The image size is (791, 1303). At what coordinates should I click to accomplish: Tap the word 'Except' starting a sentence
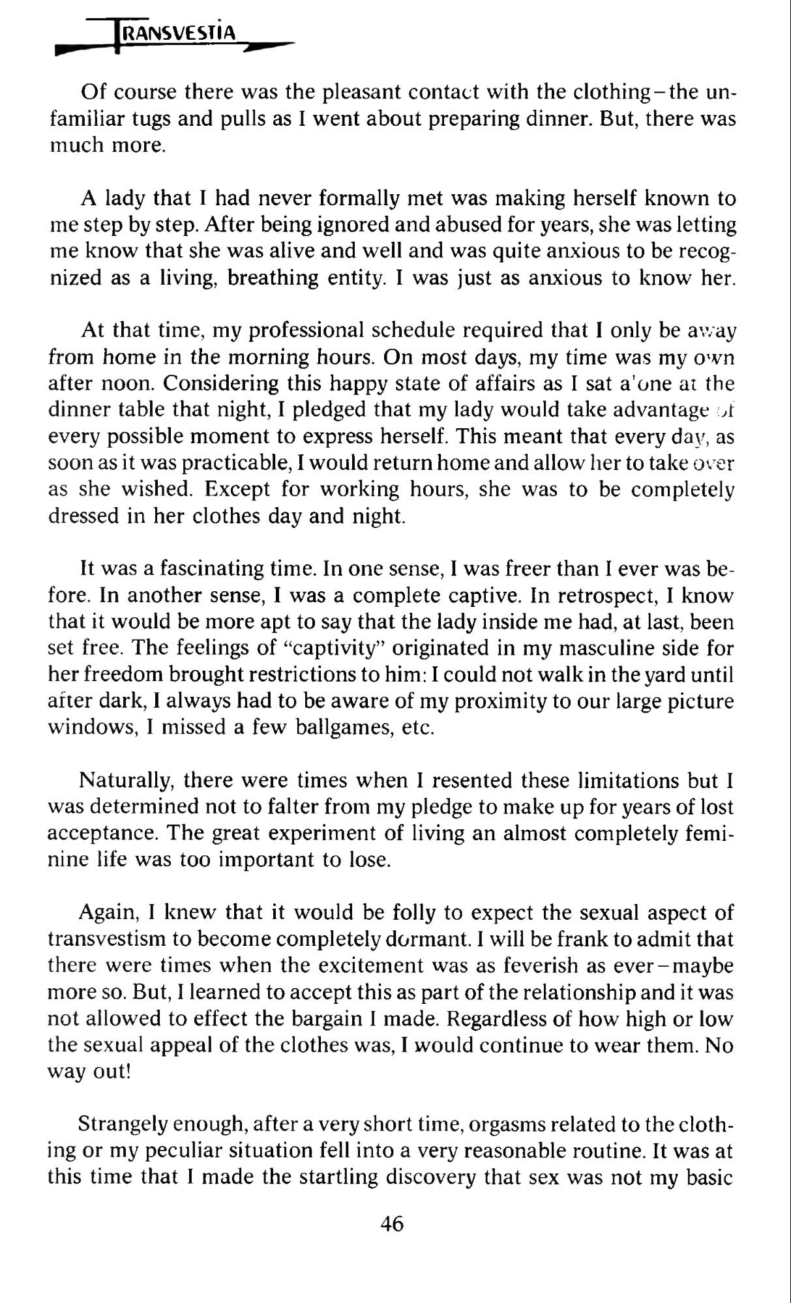point(242,490)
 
